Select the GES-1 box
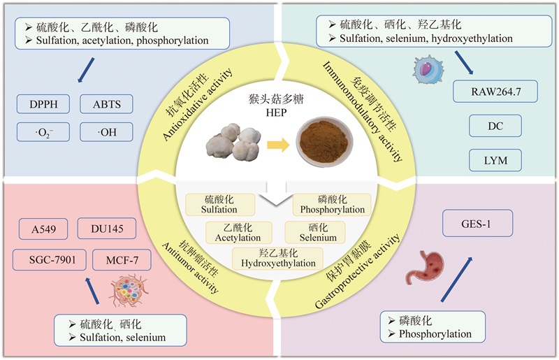pyautogui.click(x=479, y=226)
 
